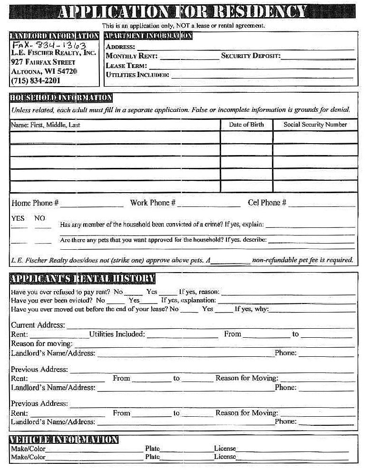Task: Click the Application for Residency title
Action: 183,11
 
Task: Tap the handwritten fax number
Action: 49,46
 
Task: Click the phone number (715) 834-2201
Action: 36,81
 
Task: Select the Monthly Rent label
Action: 132,56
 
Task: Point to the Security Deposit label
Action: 251,56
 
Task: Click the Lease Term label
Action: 126,66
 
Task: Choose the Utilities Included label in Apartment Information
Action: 137,75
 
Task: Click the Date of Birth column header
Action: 246,125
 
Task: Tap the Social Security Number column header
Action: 315,125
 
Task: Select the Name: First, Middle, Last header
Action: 45,125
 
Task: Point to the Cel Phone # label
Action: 267,203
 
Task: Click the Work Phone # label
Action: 153,203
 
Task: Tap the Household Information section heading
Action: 61,98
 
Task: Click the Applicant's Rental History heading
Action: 82,279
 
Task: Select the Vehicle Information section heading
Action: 64,440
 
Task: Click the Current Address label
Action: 38,325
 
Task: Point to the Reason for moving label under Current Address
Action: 42,343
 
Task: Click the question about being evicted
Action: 51,300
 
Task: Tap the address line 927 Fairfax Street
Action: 43,62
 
